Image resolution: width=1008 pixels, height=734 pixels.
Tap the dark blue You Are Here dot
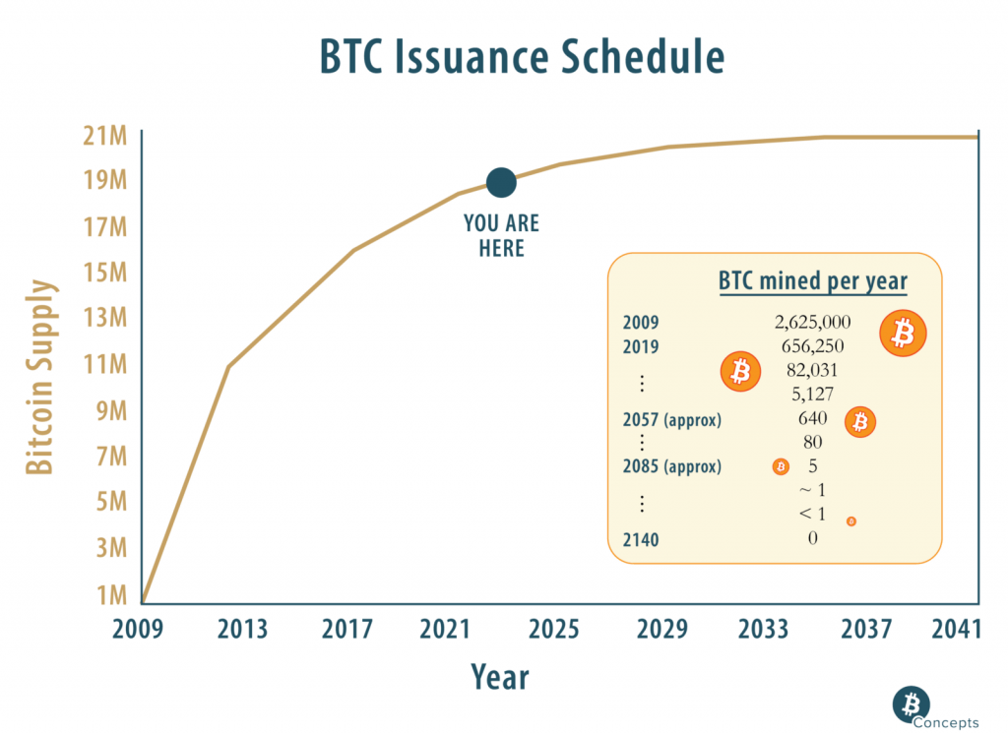[x=501, y=182]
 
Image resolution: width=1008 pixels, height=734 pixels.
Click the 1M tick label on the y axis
[x=111, y=594]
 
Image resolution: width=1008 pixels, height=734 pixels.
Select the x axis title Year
[x=499, y=678]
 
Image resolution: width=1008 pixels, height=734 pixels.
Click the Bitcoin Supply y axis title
[x=39, y=378]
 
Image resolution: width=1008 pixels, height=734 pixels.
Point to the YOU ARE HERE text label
[x=501, y=236]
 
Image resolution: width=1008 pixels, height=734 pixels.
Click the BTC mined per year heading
[x=812, y=281]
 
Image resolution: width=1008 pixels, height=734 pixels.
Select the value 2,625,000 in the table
[x=812, y=322]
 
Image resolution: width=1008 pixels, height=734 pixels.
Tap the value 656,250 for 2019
[x=812, y=346]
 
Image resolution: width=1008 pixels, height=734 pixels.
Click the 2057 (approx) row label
[x=672, y=420]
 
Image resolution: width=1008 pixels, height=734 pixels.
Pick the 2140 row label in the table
[x=641, y=539]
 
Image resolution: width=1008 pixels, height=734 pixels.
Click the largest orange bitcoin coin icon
[x=903, y=334]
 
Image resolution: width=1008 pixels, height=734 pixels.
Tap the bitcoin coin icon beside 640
[x=859, y=421]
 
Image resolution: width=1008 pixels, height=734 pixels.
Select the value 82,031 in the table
[x=812, y=370]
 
